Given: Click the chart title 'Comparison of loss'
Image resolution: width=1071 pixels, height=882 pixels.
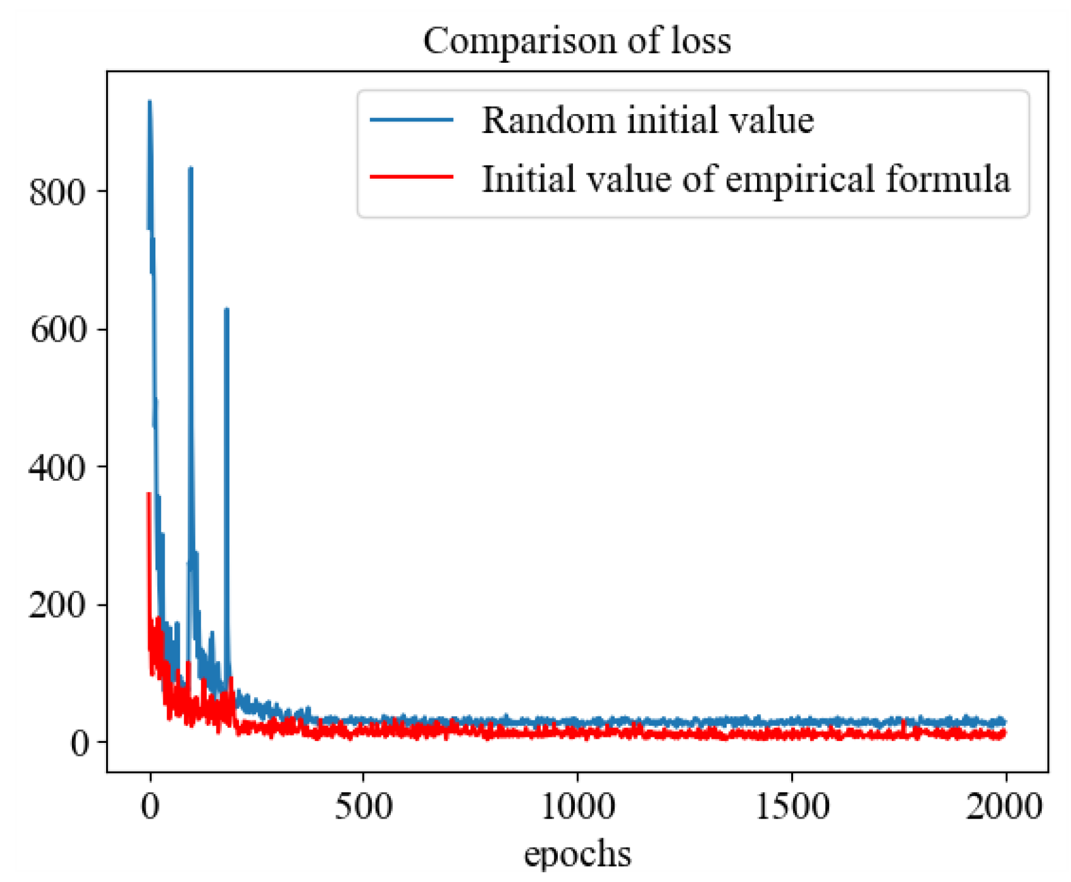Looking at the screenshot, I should pos(577,41).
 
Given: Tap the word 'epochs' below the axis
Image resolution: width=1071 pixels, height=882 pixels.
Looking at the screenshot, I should pos(577,853).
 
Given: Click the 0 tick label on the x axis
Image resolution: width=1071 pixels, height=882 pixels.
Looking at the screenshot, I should pos(150,807).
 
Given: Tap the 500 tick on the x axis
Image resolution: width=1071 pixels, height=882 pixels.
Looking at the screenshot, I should pos(363,807).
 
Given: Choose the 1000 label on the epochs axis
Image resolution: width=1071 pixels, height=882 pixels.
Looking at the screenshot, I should pos(577,807).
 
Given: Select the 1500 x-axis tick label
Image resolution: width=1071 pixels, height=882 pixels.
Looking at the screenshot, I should pos(792,807).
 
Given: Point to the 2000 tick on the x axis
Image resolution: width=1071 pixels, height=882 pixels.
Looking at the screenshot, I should pos(1004,807).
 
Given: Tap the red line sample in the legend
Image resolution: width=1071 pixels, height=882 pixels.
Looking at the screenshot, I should pos(411,177).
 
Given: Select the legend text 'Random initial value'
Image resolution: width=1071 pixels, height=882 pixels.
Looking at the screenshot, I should pos(647,120).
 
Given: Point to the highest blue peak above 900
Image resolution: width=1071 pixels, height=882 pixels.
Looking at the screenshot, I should pos(149,102).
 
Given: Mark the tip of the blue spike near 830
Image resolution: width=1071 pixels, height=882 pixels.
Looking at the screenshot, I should pos(191,168).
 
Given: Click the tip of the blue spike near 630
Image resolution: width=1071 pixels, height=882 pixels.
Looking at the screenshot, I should pos(227,309).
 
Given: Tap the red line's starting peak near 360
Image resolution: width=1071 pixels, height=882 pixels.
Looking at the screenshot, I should pos(148,493).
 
